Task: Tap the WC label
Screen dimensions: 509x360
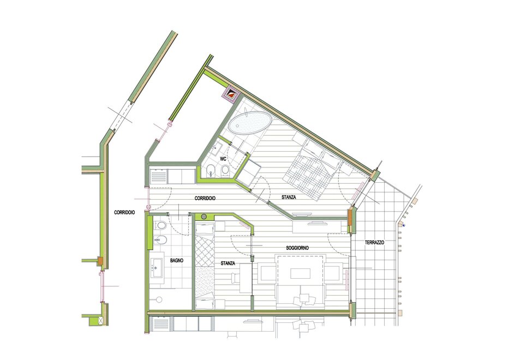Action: (223, 159)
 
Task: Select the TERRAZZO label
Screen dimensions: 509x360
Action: (375, 243)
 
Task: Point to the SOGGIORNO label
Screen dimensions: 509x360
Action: (297, 248)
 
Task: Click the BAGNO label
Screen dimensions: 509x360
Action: (177, 260)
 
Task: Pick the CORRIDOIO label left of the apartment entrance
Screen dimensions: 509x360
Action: (124, 213)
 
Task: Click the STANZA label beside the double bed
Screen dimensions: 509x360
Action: (289, 197)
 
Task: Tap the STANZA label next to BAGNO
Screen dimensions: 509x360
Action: (228, 263)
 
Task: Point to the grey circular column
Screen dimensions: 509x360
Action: (204, 217)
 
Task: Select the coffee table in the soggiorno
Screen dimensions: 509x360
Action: (300, 273)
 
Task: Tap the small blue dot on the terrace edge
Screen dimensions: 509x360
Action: (404, 225)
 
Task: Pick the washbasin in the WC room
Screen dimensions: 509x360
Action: (216, 149)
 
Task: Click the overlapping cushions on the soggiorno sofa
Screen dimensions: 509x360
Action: (305, 299)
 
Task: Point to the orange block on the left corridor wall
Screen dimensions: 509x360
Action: (100, 260)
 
